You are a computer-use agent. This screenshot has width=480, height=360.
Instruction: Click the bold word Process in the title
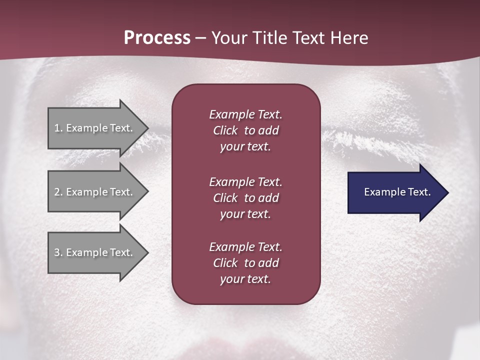[x=157, y=38]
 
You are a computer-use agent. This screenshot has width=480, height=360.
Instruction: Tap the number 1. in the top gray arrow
[x=58, y=128]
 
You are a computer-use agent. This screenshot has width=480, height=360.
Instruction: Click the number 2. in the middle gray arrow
[x=58, y=192]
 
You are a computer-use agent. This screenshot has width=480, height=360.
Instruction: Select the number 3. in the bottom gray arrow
[x=58, y=252]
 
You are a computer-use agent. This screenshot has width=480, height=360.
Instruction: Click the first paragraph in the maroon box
[x=245, y=130]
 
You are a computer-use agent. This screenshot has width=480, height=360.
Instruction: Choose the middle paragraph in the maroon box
[x=245, y=197]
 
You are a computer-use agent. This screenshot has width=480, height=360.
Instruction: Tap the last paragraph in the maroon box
[x=245, y=263]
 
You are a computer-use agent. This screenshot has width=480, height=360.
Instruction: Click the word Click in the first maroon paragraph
[x=225, y=130]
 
